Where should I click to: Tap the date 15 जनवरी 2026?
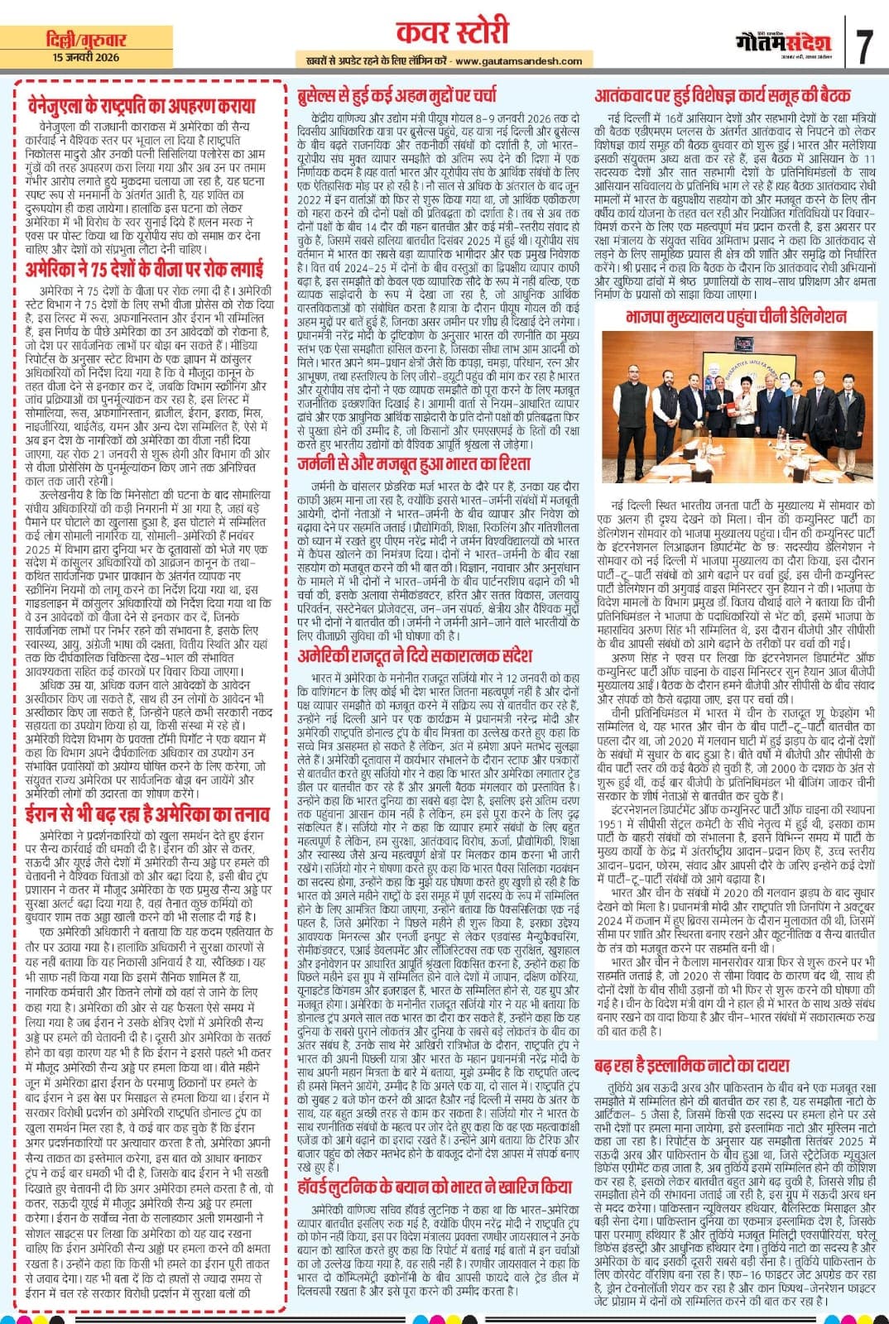click(85, 57)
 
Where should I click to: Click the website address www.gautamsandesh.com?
click(518, 60)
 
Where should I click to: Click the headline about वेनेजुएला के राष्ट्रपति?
click(140, 106)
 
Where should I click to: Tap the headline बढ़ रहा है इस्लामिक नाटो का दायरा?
click(692, 1065)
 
